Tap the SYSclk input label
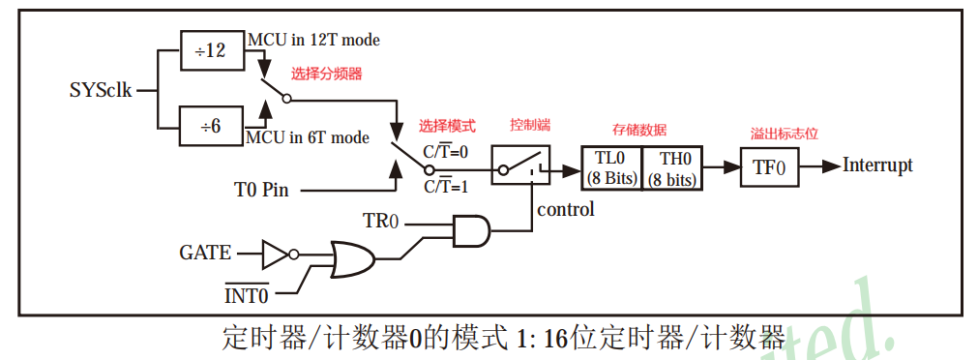click(x=100, y=91)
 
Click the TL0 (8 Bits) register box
click(x=610, y=168)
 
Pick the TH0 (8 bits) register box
click(x=672, y=168)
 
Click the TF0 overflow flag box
click(x=769, y=166)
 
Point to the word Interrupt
click(x=877, y=165)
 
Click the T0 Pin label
click(x=261, y=189)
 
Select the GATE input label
click(x=205, y=254)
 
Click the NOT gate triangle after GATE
click(x=276, y=255)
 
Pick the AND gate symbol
click(x=471, y=230)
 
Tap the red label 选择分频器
click(x=328, y=74)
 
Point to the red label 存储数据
click(x=638, y=130)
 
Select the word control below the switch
click(x=566, y=209)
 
